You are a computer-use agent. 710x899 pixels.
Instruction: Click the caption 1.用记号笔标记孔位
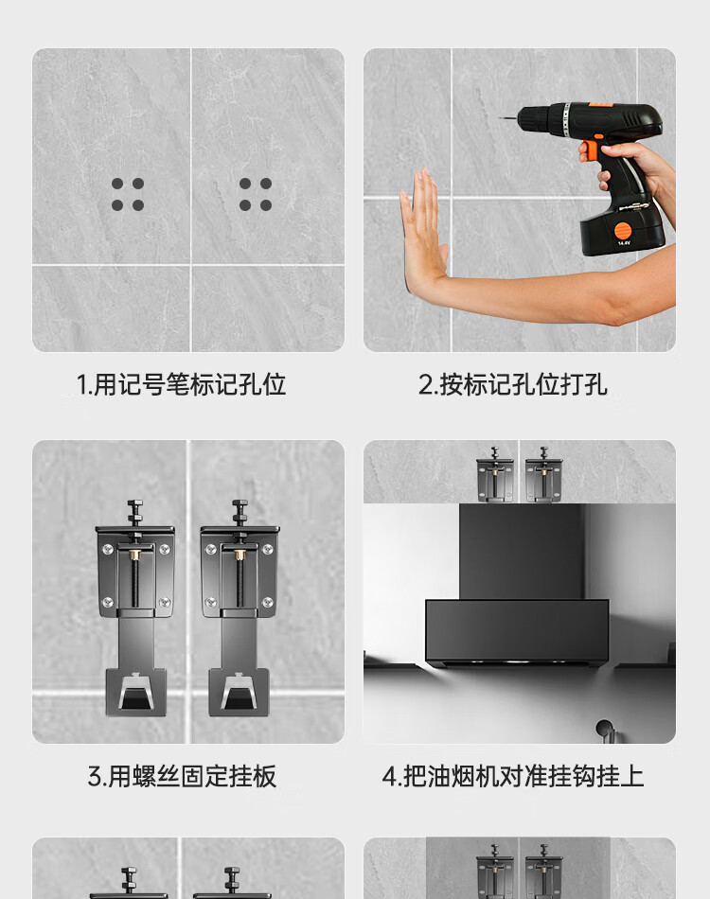pos(181,384)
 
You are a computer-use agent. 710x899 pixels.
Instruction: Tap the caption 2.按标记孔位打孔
pos(512,384)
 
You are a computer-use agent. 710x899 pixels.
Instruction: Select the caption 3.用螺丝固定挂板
pos(182,776)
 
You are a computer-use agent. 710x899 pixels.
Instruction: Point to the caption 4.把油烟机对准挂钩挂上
pos(513,776)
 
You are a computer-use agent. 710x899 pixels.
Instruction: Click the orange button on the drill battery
pos(622,231)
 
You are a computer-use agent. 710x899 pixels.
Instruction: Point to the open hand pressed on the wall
pos(423,229)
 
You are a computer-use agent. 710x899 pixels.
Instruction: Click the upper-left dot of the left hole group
pos(117,184)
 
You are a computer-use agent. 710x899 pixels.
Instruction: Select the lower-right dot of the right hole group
pos(265,205)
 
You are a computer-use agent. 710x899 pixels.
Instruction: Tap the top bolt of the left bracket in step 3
pos(135,511)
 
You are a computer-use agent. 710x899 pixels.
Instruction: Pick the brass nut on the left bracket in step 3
pos(135,554)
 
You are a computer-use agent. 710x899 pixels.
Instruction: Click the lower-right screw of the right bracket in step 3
pos(267,602)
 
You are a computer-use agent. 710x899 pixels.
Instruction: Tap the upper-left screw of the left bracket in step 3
pos(107,550)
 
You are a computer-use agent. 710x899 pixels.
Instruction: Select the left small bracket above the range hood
pos(495,475)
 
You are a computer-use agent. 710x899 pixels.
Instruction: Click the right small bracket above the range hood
pos(543,475)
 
